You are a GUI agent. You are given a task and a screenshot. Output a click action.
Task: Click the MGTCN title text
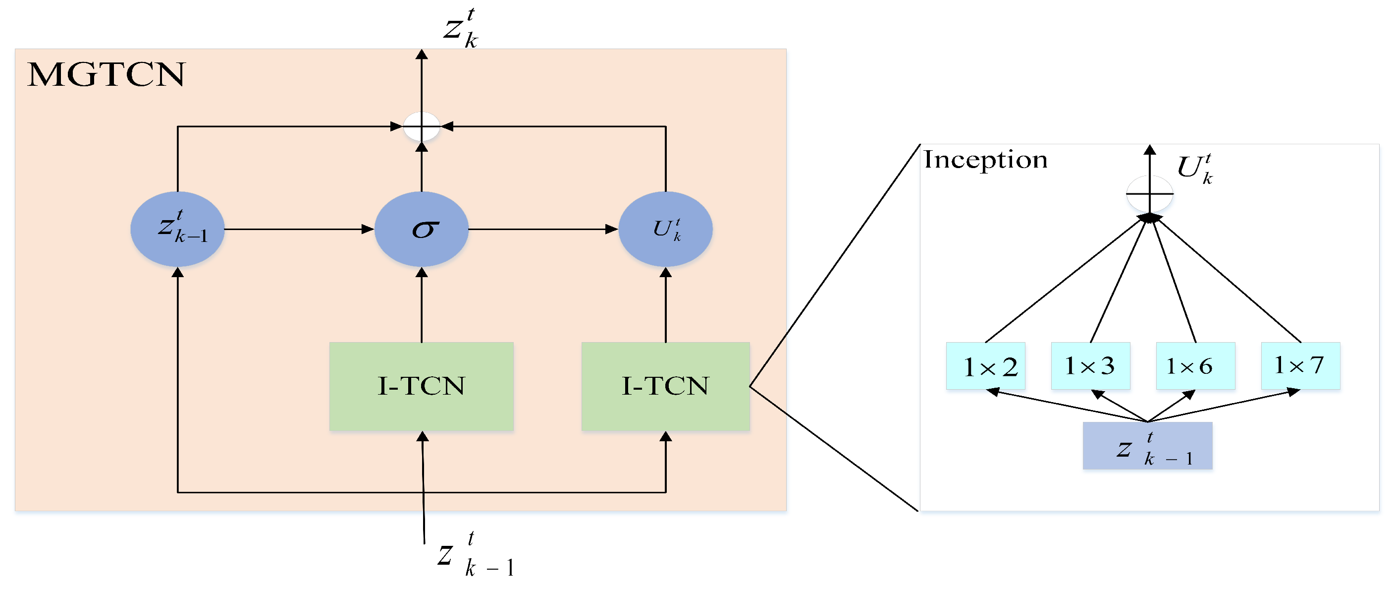tap(106, 74)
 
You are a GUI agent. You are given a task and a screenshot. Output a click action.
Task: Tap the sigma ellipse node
tap(422, 229)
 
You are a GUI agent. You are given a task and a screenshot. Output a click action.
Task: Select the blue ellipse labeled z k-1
tap(177, 229)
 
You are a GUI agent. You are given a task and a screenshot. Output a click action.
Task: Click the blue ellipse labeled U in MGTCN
tap(665, 229)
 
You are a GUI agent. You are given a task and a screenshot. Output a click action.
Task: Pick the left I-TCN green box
tap(422, 386)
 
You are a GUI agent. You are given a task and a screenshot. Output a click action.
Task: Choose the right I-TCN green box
tap(665, 386)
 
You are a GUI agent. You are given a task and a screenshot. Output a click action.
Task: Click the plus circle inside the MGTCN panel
tap(422, 127)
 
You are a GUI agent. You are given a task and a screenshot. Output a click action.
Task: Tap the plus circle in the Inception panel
tap(1149, 193)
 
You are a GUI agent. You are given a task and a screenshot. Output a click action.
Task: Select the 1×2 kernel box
tap(985, 366)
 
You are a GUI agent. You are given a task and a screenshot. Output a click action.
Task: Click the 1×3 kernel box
tap(1090, 366)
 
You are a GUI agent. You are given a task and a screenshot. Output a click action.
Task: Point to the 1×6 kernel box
tap(1195, 366)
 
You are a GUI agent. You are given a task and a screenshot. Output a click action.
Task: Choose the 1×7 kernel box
tap(1300, 366)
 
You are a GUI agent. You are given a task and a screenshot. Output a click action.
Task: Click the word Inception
tap(985, 160)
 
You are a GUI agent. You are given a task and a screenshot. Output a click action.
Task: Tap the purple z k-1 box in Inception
tap(1147, 446)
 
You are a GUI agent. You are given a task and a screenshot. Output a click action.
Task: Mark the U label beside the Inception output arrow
tap(1195, 169)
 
